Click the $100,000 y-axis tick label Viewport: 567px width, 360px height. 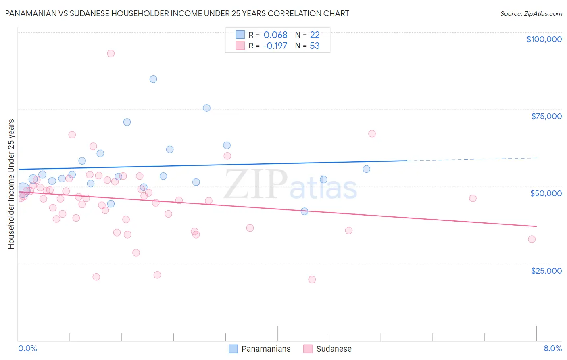pyautogui.click(x=544, y=39)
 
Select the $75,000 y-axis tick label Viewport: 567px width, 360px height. pyautogui.click(x=546, y=116)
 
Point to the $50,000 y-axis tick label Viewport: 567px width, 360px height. pyautogui.click(x=546, y=193)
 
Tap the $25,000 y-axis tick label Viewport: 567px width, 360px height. pyautogui.click(x=546, y=271)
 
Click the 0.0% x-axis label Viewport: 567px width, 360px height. pyautogui.click(x=27, y=348)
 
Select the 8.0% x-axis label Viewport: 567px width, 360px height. pyautogui.click(x=552, y=348)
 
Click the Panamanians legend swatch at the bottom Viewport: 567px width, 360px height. pyautogui.click(x=233, y=349)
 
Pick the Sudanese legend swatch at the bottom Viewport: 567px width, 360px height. pyautogui.click(x=308, y=349)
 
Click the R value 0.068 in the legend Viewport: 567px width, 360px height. pyautogui.click(x=275, y=35)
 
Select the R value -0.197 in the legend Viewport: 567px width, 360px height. pyautogui.click(x=275, y=46)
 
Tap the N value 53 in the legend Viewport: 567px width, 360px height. pyautogui.click(x=315, y=46)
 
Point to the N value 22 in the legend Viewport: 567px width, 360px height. pyautogui.click(x=315, y=35)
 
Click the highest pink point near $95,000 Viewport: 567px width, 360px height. pyautogui.click(x=111, y=53)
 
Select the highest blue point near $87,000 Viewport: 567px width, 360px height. pyautogui.click(x=153, y=79)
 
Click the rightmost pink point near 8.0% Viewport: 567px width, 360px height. pyautogui.click(x=532, y=239)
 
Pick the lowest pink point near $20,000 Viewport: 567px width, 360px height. pyautogui.click(x=312, y=279)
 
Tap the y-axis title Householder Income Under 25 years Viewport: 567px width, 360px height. pyautogui.click(x=11, y=184)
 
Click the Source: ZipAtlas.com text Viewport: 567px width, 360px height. pyautogui.click(x=531, y=13)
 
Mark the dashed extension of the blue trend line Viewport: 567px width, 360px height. pyautogui.click(x=472, y=159)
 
